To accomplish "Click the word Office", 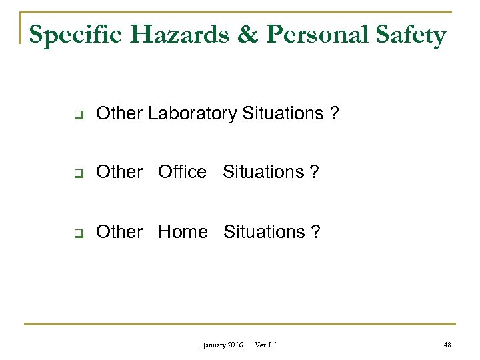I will tap(182, 172).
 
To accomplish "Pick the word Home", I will tap(183, 232).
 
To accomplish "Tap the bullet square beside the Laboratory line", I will tap(77, 115).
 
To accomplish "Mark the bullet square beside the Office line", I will tap(77, 173).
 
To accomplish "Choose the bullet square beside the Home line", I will tap(77, 233).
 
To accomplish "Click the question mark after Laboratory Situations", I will tap(334, 114).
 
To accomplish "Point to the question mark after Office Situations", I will tap(315, 172).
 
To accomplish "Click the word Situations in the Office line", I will tap(263, 172).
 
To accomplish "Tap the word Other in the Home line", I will tap(119, 232).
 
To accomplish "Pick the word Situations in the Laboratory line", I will tap(283, 114).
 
